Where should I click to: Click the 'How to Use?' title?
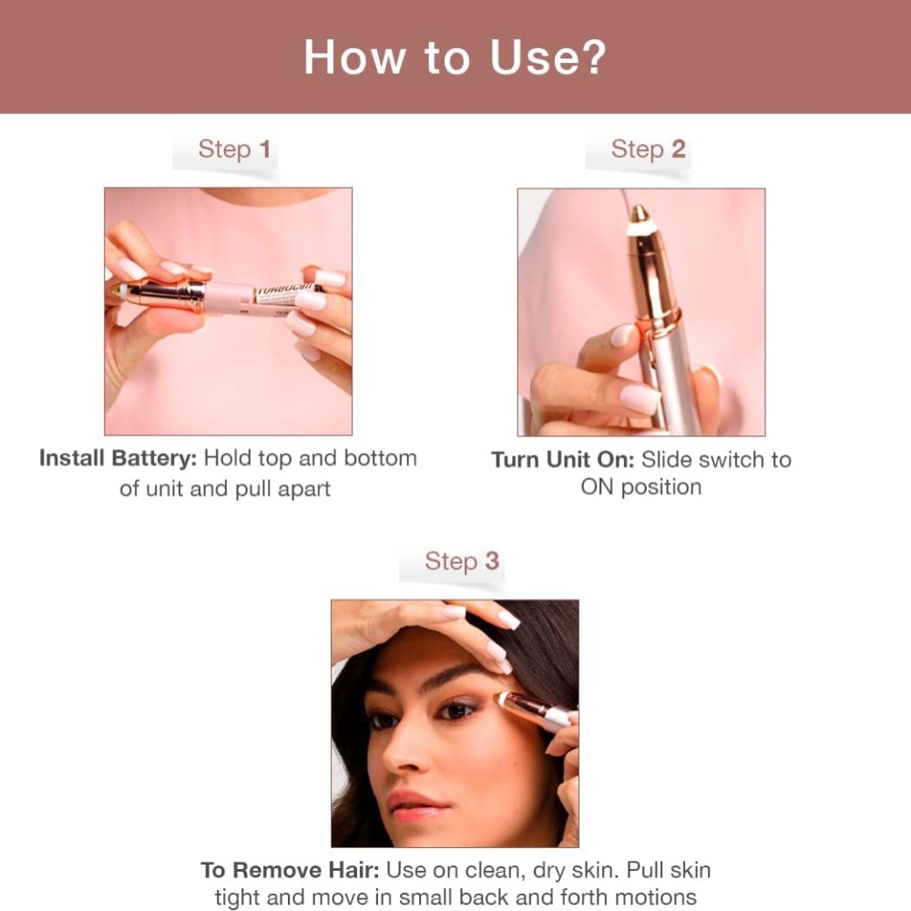point(455,57)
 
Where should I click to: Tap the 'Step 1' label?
point(234,149)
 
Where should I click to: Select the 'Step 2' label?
point(648,149)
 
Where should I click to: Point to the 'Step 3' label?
point(462,561)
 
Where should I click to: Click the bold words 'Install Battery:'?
point(118,458)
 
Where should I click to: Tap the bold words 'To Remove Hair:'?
point(290,870)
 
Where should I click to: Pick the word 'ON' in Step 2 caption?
point(597,487)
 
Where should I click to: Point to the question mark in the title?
point(590,57)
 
